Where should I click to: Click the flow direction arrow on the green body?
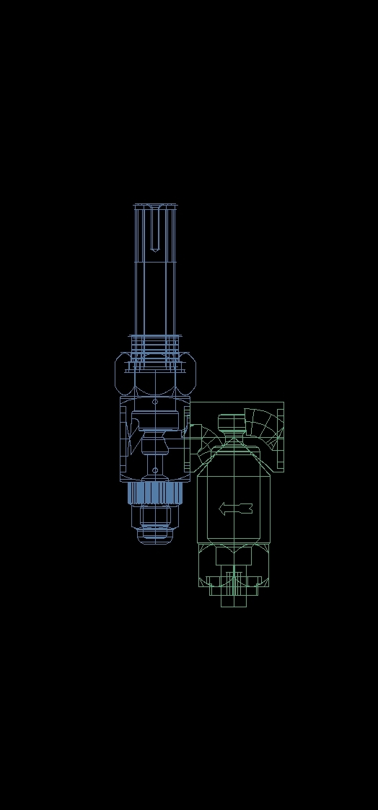[x=235, y=509]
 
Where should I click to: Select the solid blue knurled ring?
[x=154, y=493]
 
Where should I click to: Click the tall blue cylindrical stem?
[x=155, y=289]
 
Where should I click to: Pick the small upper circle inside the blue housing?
[x=155, y=401]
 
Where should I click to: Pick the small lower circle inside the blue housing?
[x=155, y=470]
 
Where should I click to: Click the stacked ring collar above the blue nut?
[x=155, y=343]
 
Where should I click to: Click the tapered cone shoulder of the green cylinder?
[x=233, y=454]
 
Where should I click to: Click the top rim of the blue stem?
[x=155, y=207]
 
